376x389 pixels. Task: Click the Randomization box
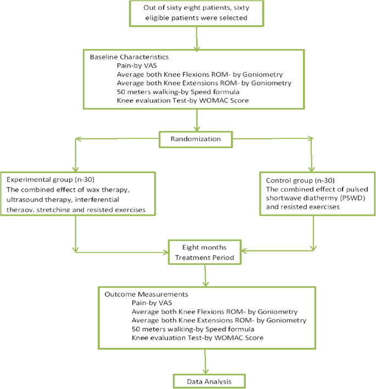tap(196, 140)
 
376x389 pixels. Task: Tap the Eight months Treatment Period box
tap(204, 252)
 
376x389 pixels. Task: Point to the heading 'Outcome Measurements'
tap(139, 293)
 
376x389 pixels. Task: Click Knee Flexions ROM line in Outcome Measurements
tap(215, 311)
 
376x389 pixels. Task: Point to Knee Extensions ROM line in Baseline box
tap(204, 83)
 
